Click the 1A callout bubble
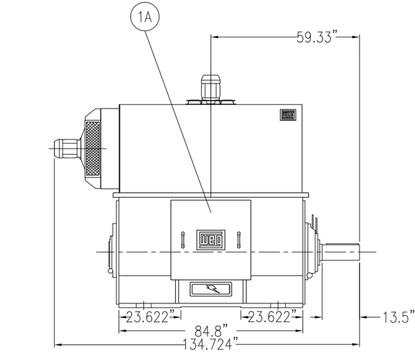click(145, 17)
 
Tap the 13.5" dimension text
click(399, 316)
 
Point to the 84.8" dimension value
click(211, 331)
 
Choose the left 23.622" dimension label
click(150, 316)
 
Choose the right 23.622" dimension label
click(272, 316)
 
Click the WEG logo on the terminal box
click(211, 240)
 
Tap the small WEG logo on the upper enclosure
click(288, 115)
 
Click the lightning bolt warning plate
click(211, 289)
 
